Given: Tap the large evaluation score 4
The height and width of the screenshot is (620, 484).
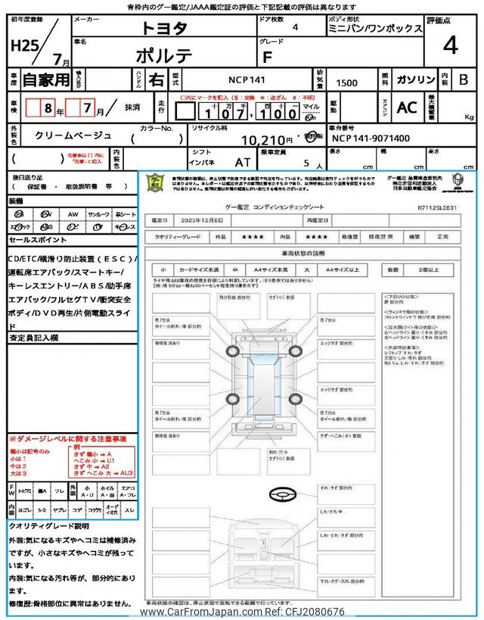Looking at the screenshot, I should pos(450,46).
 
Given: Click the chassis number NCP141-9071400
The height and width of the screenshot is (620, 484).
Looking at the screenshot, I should pos(371,139).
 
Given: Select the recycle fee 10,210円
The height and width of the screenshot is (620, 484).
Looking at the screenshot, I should pos(266,140).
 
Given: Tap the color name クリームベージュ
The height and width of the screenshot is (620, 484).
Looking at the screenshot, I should pos(73,135).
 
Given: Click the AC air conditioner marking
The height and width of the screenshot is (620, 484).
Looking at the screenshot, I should pos(407,107).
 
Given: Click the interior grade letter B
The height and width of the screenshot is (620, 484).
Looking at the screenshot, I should pos(464,79).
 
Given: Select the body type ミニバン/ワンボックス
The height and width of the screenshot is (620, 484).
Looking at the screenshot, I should pos(375,28).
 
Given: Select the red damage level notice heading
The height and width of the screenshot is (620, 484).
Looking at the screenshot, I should pos(67,439).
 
